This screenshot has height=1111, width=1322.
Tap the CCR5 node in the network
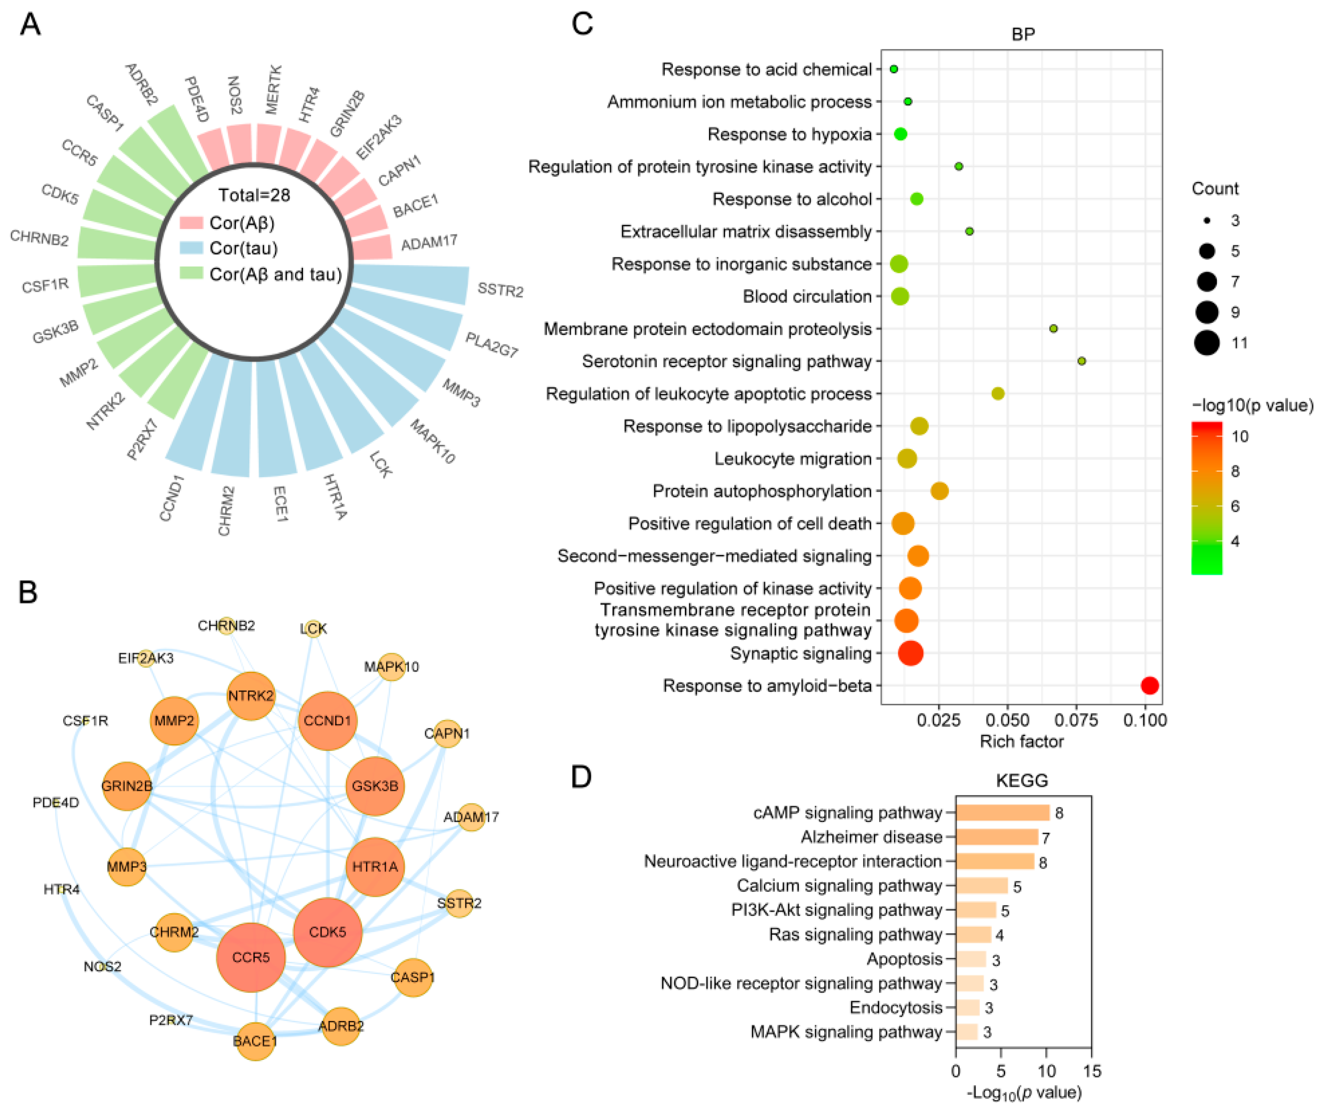[x=251, y=957]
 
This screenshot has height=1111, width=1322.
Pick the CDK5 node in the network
[x=328, y=932]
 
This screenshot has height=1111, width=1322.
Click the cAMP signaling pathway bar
[x=1002, y=812]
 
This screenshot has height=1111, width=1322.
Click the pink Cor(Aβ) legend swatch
[x=191, y=223]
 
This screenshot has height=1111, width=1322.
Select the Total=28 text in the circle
[x=254, y=195]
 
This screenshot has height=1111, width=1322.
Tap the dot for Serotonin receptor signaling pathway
[x=1081, y=361]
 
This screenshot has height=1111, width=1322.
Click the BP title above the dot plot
[x=1023, y=34]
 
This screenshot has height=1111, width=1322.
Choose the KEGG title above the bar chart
[x=1021, y=780]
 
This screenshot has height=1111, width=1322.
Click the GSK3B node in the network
[x=375, y=786]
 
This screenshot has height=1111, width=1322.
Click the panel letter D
[x=581, y=777]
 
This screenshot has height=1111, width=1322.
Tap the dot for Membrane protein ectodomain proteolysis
[x=1053, y=328]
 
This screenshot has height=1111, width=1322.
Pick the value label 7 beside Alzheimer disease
[x=1045, y=838]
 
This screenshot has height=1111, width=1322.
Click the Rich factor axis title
[x=1021, y=741]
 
